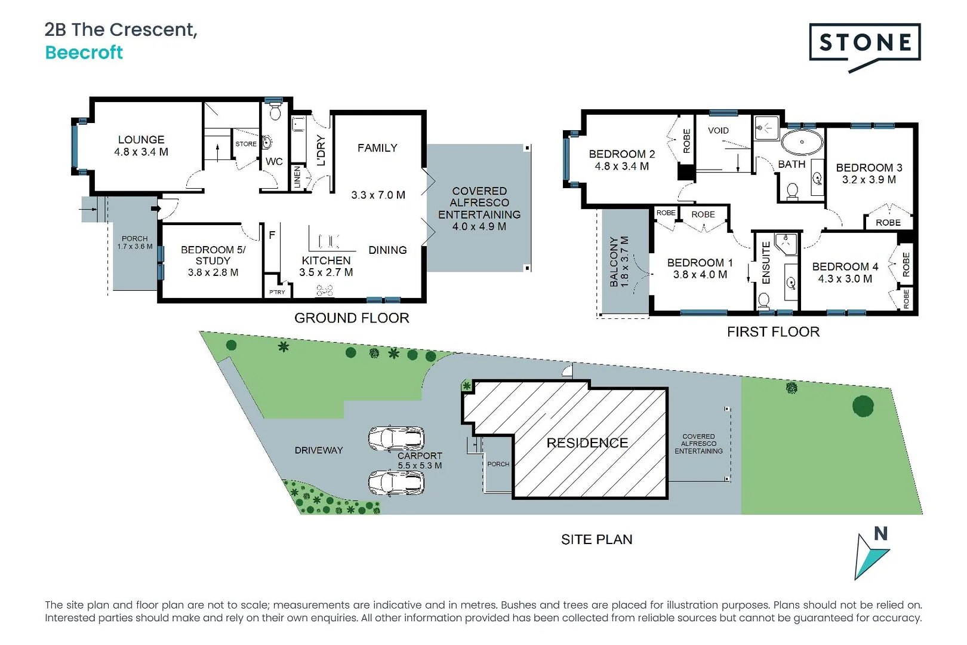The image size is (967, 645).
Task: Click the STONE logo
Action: pyautogui.click(x=864, y=43)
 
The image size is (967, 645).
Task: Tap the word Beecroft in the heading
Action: pyautogui.click(x=84, y=53)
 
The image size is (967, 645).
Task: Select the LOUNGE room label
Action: pyautogui.click(x=141, y=140)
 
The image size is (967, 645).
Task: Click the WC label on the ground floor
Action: pyautogui.click(x=274, y=161)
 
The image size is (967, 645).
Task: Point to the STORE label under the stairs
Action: pyautogui.click(x=245, y=144)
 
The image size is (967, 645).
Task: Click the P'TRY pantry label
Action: pyautogui.click(x=277, y=292)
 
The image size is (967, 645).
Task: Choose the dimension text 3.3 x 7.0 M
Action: pyautogui.click(x=378, y=195)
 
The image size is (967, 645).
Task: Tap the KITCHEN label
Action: pyautogui.click(x=326, y=260)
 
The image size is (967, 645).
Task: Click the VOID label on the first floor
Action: pyautogui.click(x=718, y=130)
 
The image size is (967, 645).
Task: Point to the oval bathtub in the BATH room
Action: pyautogui.click(x=802, y=142)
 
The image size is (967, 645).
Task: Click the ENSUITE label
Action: pyautogui.click(x=766, y=263)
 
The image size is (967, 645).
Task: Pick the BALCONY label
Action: pyautogui.click(x=614, y=262)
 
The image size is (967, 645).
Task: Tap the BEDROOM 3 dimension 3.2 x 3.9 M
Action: pyautogui.click(x=869, y=180)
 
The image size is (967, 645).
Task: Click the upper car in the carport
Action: pyautogui.click(x=396, y=438)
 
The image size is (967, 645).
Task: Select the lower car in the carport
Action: pyautogui.click(x=396, y=483)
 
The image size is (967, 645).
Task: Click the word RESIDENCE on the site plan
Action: pyautogui.click(x=587, y=443)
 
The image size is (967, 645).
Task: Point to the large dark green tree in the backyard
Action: pyautogui.click(x=863, y=406)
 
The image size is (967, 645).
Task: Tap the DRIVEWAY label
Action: pyautogui.click(x=319, y=450)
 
